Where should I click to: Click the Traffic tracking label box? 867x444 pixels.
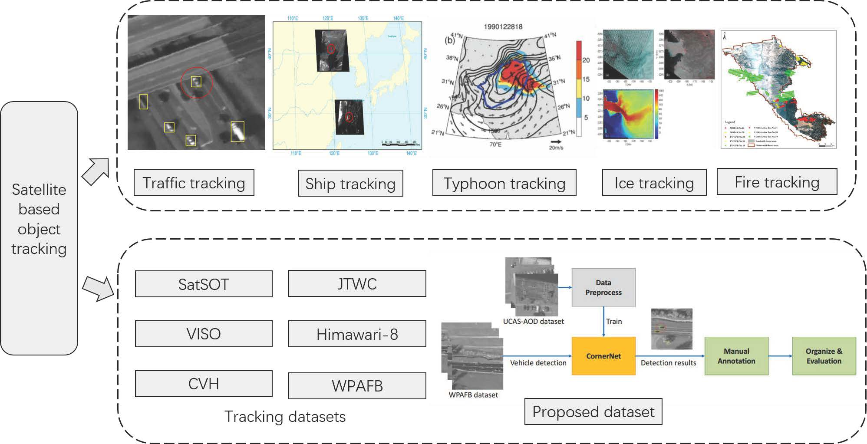194,183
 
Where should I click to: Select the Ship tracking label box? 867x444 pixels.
350,184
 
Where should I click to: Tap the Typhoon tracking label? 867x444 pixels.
504,183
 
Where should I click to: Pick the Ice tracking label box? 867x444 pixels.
654,183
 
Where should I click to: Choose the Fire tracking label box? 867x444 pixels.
777,182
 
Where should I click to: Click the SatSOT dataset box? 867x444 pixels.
204,284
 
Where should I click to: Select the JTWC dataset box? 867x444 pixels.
357,283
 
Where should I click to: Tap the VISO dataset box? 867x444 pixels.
204,334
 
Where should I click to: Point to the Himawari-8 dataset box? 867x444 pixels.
357,334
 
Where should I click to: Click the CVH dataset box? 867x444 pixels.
204,384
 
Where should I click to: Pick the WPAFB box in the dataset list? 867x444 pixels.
357,386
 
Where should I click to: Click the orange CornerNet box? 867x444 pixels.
603,356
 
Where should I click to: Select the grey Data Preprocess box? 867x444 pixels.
603,287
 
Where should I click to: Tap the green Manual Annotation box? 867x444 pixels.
736,356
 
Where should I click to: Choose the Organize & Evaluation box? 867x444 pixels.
824,356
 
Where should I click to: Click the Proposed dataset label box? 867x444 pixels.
593,411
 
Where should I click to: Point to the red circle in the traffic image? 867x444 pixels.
197,82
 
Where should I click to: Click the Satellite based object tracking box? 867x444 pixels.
39,228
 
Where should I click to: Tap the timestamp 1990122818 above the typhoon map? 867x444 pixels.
503,26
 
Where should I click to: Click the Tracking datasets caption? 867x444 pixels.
285,417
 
